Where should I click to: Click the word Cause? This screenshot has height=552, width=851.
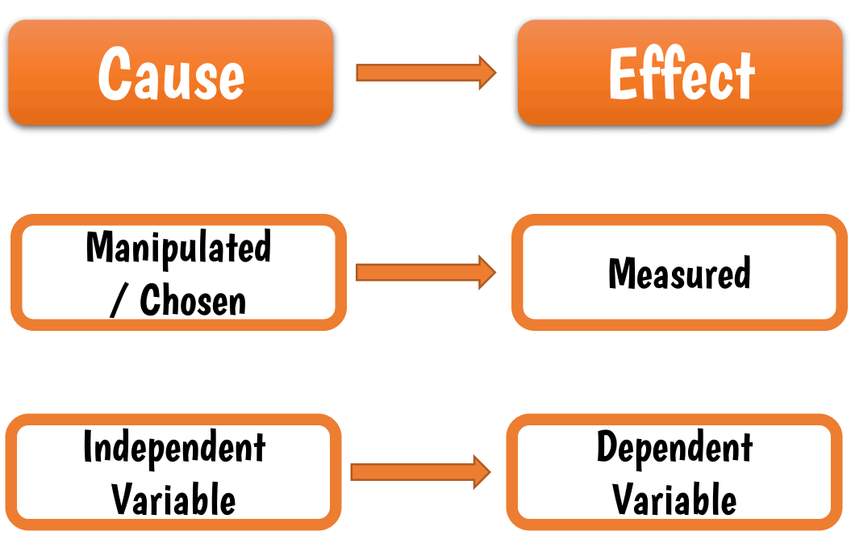tap(171, 73)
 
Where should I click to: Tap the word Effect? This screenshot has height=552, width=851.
tap(682, 73)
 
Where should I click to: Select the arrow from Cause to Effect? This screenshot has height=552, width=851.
tap(425, 73)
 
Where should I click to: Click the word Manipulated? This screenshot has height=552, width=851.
tap(178, 247)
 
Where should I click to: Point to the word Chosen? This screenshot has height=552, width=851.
tap(193, 300)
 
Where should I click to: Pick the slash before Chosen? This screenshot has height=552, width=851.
tap(118, 300)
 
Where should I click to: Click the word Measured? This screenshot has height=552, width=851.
tap(679, 274)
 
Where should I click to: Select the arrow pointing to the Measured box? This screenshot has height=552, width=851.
tap(425, 272)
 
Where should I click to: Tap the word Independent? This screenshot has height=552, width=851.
tap(174, 447)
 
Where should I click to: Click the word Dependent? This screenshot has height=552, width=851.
tap(674, 447)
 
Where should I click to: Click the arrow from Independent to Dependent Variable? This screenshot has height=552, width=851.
tap(420, 472)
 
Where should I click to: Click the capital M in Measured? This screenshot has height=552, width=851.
tap(622, 274)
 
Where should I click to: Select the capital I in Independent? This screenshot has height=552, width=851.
tap(88, 447)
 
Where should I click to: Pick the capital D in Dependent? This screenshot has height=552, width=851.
tap(607, 447)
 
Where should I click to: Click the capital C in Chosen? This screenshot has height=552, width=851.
tap(150, 300)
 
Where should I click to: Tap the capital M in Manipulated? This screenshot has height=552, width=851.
tap(98, 247)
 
